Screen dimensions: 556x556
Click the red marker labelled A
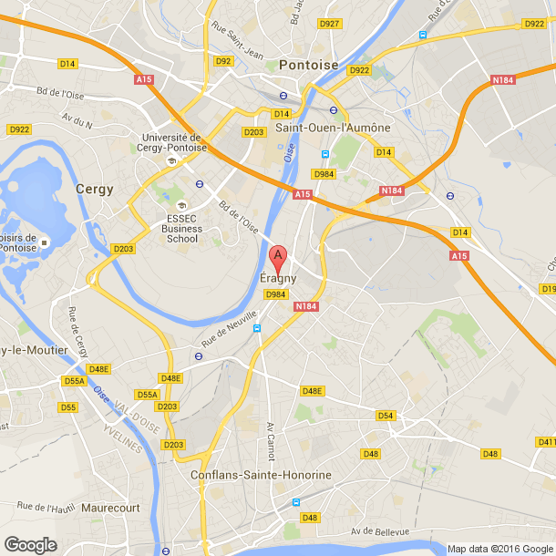click(280, 256)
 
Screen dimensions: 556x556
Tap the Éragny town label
click(279, 278)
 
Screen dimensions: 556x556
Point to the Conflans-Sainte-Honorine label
click(261, 476)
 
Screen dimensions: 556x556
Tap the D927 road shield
click(329, 24)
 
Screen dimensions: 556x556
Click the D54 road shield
click(386, 416)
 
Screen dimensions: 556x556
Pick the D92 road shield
click(224, 61)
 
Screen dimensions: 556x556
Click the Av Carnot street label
click(271, 441)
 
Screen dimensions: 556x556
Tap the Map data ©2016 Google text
click(499, 549)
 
